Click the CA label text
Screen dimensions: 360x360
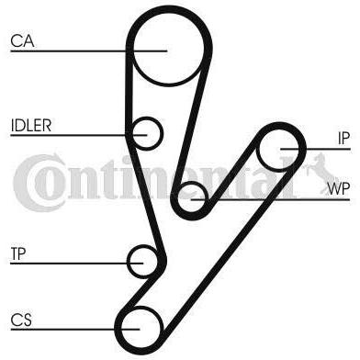point(22,41)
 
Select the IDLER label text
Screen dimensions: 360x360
point(31,125)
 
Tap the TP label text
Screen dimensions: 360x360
point(18,253)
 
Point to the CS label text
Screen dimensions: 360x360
point(21,321)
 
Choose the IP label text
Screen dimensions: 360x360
point(343,139)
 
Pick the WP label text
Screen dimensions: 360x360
point(338,189)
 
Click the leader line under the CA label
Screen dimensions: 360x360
point(89,51)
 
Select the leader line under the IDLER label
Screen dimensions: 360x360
point(79,135)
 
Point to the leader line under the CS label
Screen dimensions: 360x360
point(75,330)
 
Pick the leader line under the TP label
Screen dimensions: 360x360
point(77,263)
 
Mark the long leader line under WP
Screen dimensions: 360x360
point(270,199)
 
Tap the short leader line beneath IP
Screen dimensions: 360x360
point(315,149)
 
